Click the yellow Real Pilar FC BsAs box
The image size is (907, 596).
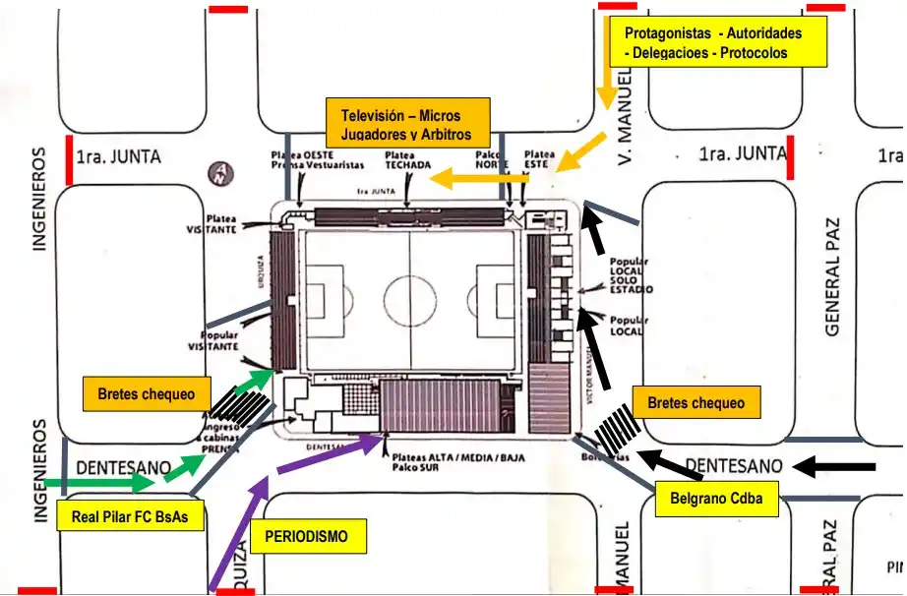130,515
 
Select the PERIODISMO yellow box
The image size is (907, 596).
309,537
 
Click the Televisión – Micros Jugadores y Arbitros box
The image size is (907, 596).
399,122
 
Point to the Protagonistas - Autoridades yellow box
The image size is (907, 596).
713,42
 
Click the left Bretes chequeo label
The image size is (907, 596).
152,394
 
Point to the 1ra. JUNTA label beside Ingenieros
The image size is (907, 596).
118,155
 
